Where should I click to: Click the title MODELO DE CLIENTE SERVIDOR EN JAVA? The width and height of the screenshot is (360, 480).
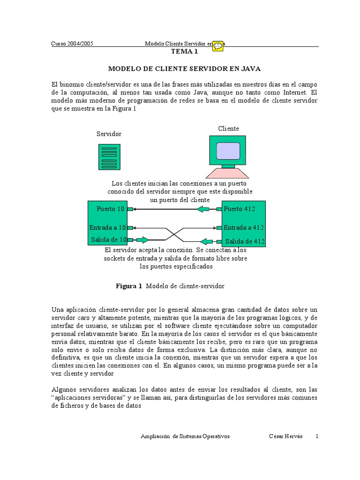click(184, 68)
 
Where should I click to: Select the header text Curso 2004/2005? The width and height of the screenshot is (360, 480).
click(72, 44)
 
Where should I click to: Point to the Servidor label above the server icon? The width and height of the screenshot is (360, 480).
click(109, 134)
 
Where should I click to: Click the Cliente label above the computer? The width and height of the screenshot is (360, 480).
click(228, 128)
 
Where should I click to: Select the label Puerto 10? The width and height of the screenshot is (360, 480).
click(111, 209)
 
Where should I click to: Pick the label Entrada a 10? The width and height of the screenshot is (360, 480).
click(108, 227)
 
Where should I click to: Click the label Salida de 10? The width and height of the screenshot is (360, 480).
click(109, 240)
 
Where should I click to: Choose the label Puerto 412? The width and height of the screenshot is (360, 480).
click(239, 209)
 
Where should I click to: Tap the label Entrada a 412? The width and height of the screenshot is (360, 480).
click(243, 227)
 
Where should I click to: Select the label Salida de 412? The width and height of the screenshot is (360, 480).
click(245, 241)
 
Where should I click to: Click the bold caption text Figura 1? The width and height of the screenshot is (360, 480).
click(128, 286)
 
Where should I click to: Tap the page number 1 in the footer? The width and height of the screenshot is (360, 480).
click(317, 436)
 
